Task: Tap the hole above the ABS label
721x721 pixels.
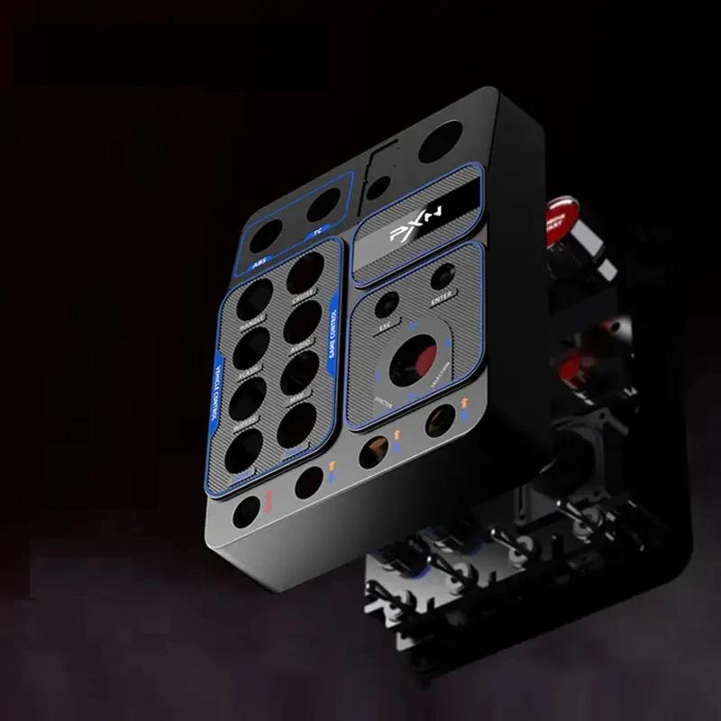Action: coord(265,236)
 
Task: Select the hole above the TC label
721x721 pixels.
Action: coord(322,205)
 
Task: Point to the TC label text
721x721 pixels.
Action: coord(317,233)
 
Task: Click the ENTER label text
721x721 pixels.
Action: coord(442,297)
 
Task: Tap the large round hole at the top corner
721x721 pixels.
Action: coord(440,141)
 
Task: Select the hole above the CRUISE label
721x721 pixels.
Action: coord(306,272)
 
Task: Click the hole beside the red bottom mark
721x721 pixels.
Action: coord(246,512)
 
